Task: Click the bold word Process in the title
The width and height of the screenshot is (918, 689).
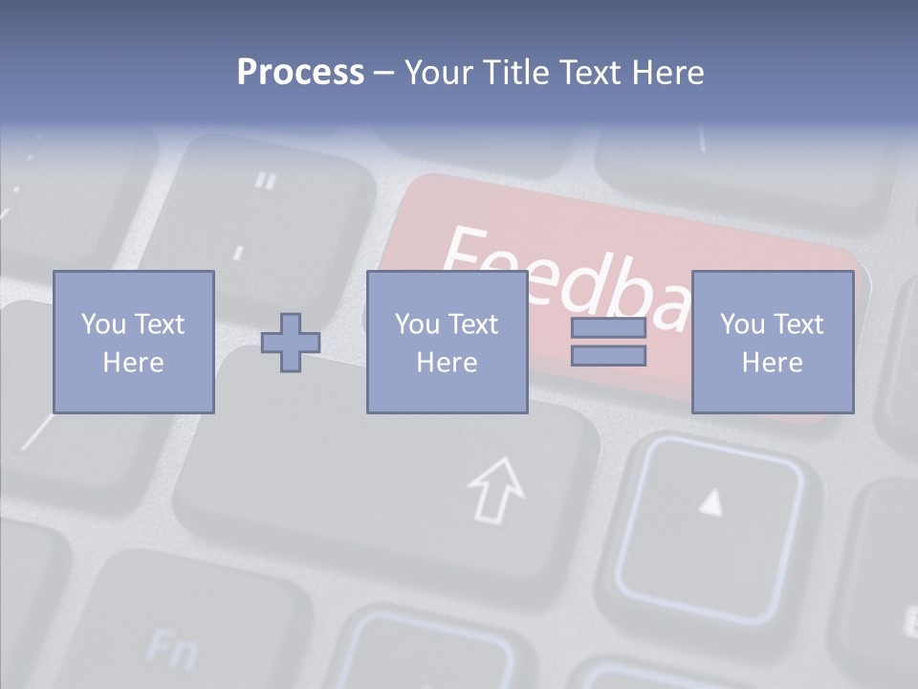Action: pyautogui.click(x=300, y=73)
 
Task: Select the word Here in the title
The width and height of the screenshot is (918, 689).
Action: pyautogui.click(x=668, y=73)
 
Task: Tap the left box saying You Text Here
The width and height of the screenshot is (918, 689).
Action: pyautogui.click(x=133, y=342)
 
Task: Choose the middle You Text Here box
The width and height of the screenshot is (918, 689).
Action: pyautogui.click(x=447, y=342)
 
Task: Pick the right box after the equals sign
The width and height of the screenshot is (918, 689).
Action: pyautogui.click(x=772, y=342)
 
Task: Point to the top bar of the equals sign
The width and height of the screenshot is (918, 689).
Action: pyautogui.click(x=608, y=328)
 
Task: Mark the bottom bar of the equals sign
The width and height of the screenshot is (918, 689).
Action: pyautogui.click(x=608, y=355)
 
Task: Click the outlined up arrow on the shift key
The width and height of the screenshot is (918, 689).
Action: pyautogui.click(x=496, y=489)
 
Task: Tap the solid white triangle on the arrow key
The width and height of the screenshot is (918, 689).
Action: pyautogui.click(x=710, y=501)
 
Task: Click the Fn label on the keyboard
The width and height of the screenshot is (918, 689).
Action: pyautogui.click(x=173, y=651)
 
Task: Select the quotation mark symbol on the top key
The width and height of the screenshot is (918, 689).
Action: pyautogui.click(x=267, y=180)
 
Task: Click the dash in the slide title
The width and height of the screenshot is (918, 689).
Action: pyautogui.click(x=384, y=73)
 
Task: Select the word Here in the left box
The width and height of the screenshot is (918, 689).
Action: pyautogui.click(x=133, y=363)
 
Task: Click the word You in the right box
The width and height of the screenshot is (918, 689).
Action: pyautogui.click(x=742, y=324)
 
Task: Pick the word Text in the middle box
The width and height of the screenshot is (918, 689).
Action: pyautogui.click(x=474, y=324)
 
